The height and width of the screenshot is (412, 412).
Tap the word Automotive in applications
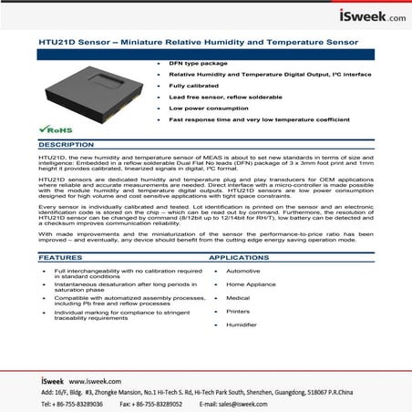pos(243,271)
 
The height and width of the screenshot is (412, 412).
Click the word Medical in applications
pos(238,298)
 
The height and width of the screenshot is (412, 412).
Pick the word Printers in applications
pos(239,311)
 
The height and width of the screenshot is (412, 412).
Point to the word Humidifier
pos(242,324)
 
